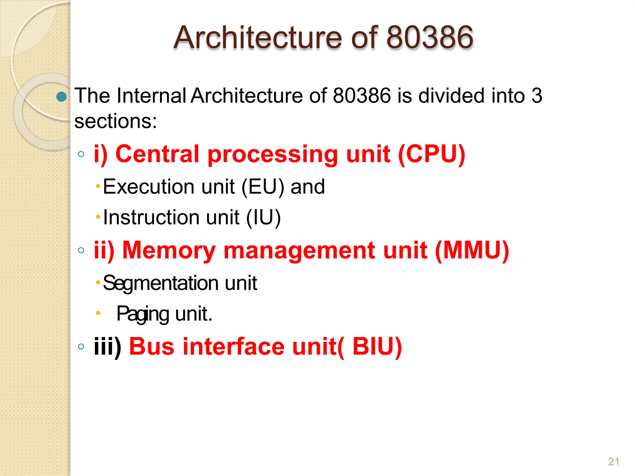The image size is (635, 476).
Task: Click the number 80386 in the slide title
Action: coord(430,38)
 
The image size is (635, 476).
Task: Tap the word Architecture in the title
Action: coord(258,38)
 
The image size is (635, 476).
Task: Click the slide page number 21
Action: coord(614,462)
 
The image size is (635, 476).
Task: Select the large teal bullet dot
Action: coord(61,97)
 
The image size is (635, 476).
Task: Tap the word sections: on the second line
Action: coord(115,121)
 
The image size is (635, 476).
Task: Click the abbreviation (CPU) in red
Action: coord(431,154)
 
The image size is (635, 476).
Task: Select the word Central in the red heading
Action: coord(157,154)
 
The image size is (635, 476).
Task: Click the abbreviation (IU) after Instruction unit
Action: coord(264,217)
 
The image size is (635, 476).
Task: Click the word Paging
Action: coord(143,314)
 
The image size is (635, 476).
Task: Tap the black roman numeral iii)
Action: coord(107,346)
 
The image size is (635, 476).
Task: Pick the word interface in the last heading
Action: coord(233,346)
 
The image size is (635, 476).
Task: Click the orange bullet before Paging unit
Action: coord(98,313)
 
